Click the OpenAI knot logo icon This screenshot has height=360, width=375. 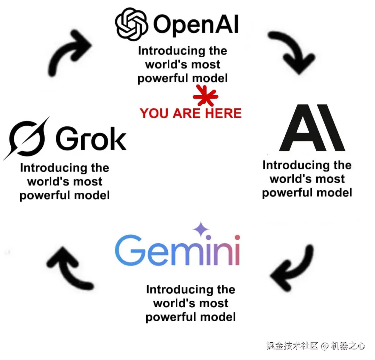pos(131,23)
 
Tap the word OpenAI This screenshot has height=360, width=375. pos(195,24)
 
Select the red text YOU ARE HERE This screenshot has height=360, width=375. pos(191,113)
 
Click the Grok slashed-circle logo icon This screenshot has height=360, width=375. pos(26,139)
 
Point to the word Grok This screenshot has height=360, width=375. pos(91,139)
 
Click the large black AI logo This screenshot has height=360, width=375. pos(312,128)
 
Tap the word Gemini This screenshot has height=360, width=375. pos(177,250)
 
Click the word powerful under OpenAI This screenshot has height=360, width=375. pos(158,78)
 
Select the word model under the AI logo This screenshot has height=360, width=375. pos(336,193)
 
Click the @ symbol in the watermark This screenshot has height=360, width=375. pos(324,346)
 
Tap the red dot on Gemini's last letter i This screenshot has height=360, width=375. pos(237,237)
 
